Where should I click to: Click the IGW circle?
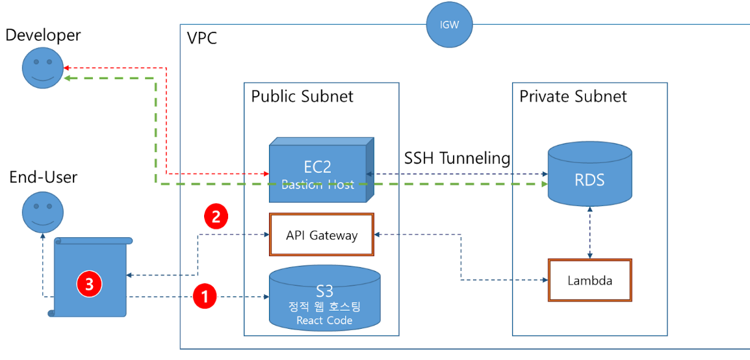(x=448, y=25)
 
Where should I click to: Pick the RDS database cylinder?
(x=589, y=174)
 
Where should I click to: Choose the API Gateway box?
(x=322, y=235)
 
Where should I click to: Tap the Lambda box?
(x=589, y=280)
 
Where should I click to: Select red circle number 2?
(x=216, y=216)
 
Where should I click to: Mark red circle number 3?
(x=89, y=283)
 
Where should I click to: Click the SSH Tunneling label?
(x=457, y=159)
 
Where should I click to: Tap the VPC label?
(x=201, y=38)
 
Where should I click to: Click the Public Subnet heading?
(x=302, y=97)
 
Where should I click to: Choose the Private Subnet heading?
(x=573, y=97)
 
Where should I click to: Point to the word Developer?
(x=43, y=35)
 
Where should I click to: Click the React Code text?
(x=324, y=320)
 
